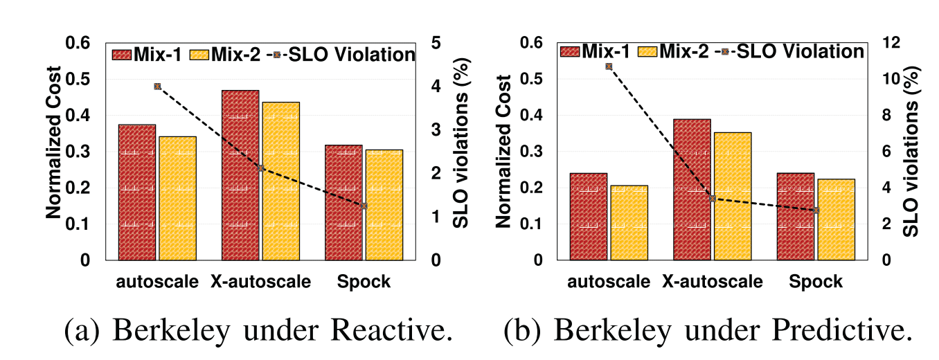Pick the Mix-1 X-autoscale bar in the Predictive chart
point(692,190)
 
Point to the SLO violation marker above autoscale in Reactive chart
point(157,87)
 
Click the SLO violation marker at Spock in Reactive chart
point(364,206)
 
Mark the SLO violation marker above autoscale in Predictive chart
point(608,66)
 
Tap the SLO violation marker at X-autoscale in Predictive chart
point(712,198)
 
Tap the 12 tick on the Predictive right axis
point(888,43)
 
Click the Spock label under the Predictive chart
point(816,282)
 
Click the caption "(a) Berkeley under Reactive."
point(259,330)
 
